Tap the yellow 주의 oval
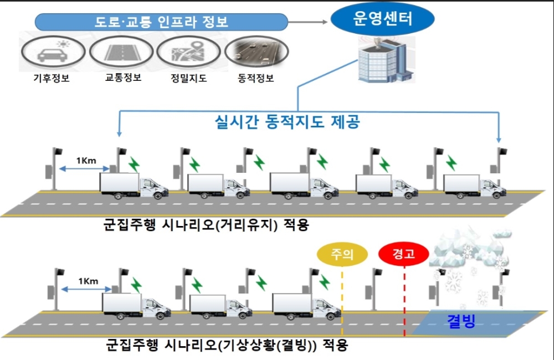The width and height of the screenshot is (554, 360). [x=342, y=254]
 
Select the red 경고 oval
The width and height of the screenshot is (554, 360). [x=404, y=254]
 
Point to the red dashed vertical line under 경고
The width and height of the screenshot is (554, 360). [x=404, y=302]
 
